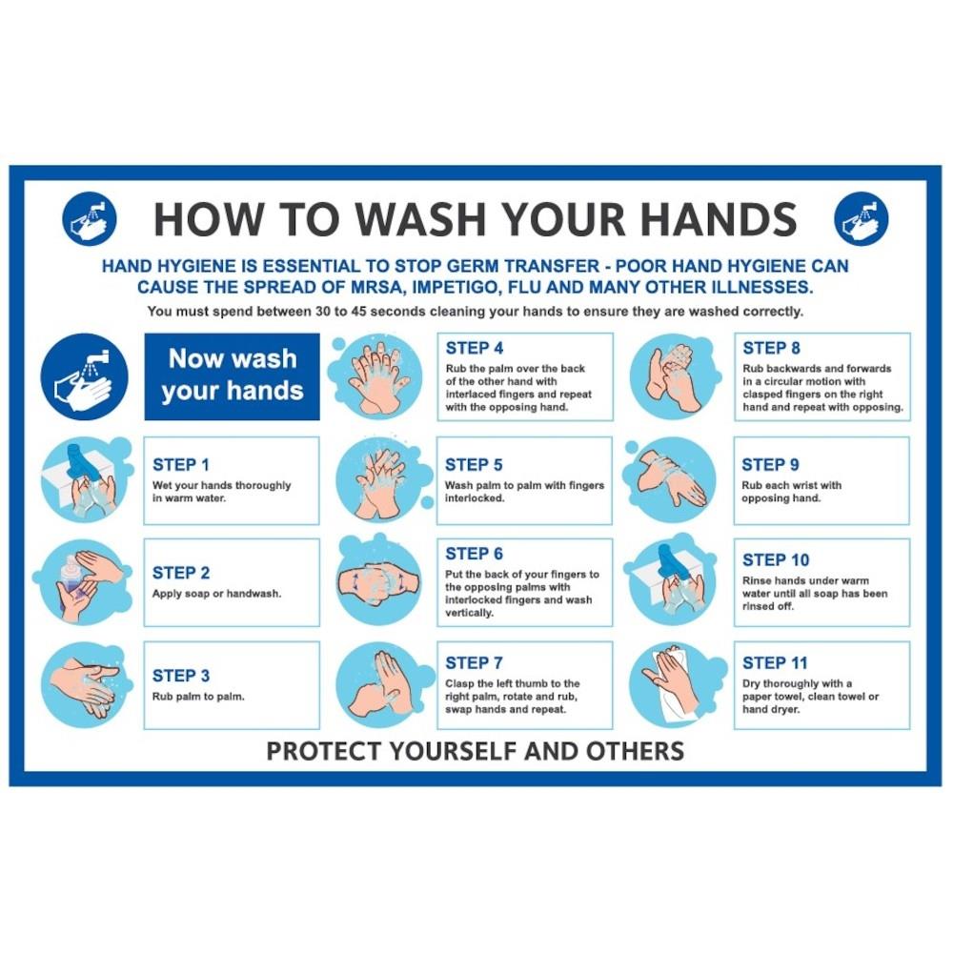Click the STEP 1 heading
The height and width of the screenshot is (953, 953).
pos(180,465)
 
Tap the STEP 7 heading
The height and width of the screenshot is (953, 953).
pos(474,663)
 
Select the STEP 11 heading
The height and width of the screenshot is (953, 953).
pos(775,663)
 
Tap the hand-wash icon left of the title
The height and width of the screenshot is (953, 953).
pos(90,219)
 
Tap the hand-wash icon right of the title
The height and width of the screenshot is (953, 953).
pos(862,219)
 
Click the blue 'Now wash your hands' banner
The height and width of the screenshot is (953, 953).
pos(233,376)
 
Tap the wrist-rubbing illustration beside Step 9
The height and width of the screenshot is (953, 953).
pos(672,479)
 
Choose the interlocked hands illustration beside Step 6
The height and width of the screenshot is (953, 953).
pos(379,579)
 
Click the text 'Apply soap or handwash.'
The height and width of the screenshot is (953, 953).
pos(216,594)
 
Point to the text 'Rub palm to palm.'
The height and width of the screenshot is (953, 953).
pos(198,697)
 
